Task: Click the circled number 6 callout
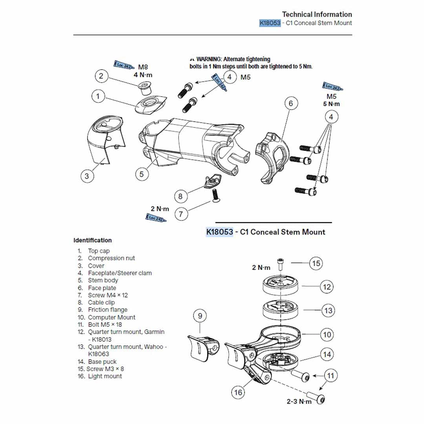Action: tap(291, 104)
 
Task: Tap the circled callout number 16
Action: tap(238, 392)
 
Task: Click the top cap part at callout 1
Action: tap(151, 104)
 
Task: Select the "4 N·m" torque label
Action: tap(143, 75)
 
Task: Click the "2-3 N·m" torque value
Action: tap(299, 401)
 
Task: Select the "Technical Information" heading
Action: tap(317, 15)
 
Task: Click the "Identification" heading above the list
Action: tap(93, 240)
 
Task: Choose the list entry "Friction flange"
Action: tap(108, 310)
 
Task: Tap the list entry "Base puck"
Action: tap(102, 362)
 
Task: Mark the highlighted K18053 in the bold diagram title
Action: tap(219, 232)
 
